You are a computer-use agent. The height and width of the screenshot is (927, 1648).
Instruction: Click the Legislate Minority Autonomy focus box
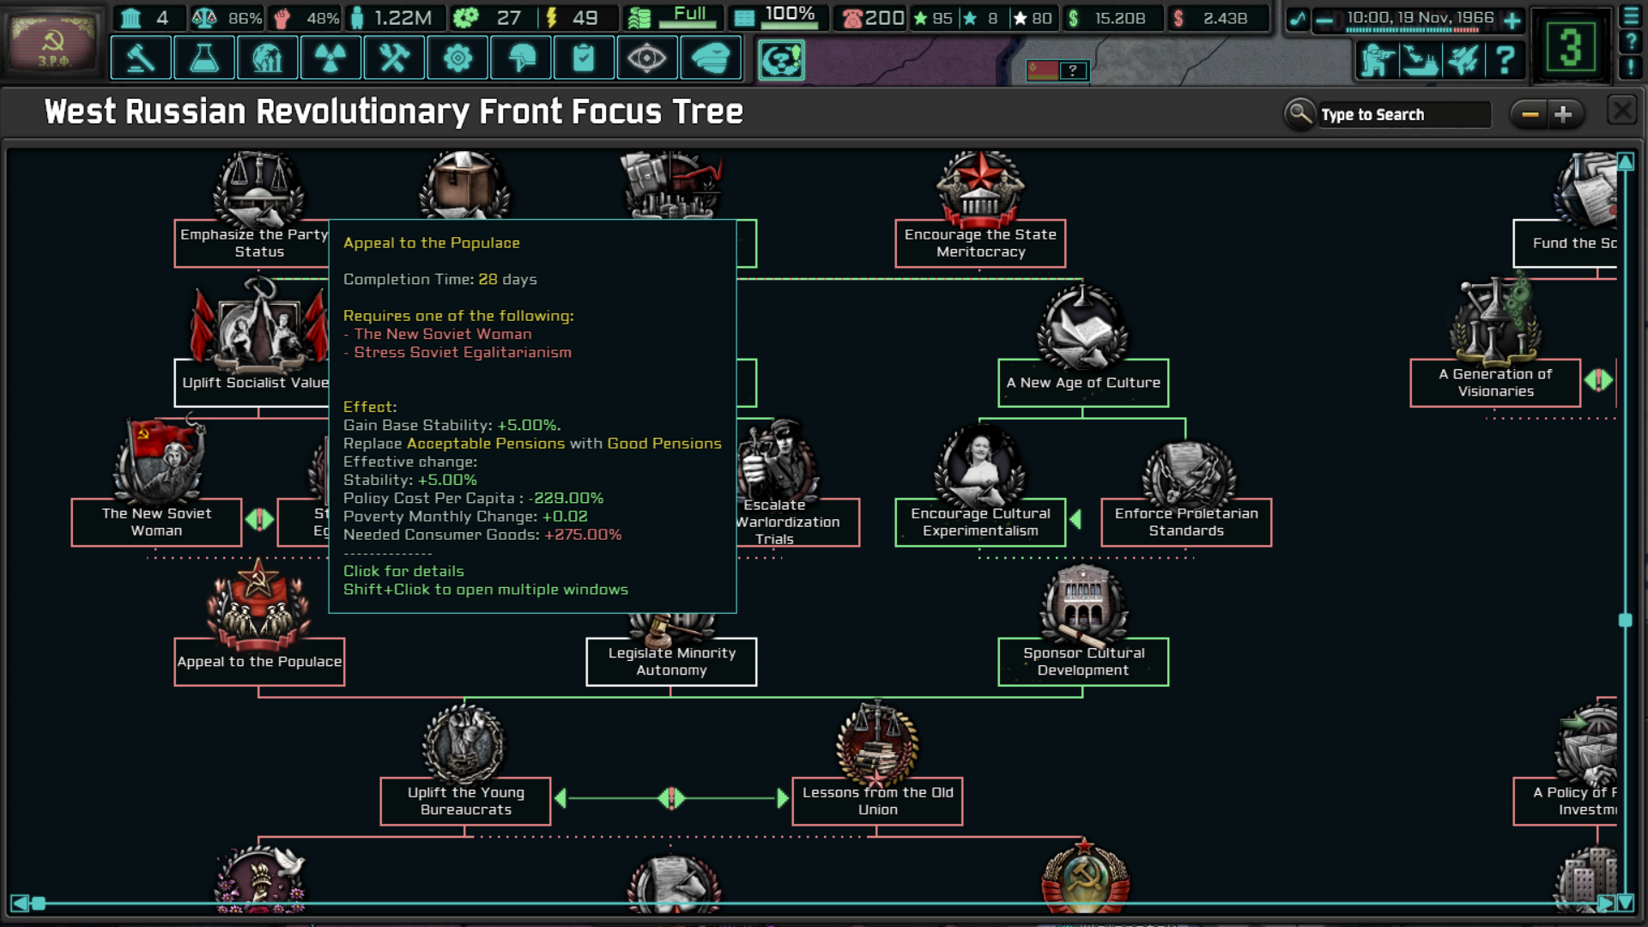click(671, 662)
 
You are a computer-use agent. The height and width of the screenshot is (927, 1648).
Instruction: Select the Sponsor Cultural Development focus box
click(1083, 662)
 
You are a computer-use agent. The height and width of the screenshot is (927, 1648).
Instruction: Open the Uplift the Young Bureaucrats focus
click(465, 801)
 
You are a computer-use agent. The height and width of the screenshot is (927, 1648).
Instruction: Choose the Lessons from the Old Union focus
click(877, 801)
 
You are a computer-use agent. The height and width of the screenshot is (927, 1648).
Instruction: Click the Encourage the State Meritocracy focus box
click(980, 243)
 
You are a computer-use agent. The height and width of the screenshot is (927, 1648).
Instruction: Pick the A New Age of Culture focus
click(1083, 383)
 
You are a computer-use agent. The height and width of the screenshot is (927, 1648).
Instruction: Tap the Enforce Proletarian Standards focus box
click(1186, 522)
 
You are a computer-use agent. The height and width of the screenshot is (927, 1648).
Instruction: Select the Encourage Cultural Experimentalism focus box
click(980, 522)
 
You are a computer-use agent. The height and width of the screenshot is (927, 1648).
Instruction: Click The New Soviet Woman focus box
click(156, 522)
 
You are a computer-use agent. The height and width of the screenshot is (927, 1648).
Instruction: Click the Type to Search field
click(1403, 114)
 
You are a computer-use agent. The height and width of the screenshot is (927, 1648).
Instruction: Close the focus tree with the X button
click(1621, 112)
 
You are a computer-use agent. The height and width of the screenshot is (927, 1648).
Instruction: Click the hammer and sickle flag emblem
click(53, 43)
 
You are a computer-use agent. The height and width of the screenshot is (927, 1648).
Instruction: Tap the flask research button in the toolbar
click(204, 58)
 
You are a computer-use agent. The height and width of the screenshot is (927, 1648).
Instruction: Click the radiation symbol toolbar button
click(330, 58)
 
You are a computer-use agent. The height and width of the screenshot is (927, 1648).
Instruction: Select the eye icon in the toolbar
click(646, 58)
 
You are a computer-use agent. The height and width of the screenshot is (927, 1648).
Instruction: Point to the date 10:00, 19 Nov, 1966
click(1420, 18)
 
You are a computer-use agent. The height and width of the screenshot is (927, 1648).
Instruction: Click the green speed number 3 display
click(1570, 47)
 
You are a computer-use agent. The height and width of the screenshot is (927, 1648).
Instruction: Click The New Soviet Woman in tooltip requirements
click(443, 334)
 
